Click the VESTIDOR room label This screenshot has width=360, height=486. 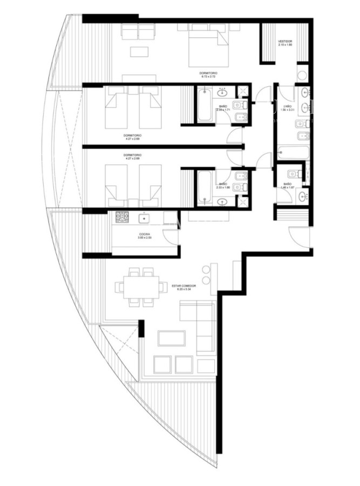click(285, 41)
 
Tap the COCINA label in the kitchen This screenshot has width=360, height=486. click(144, 233)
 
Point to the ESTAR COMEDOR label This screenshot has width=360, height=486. click(184, 285)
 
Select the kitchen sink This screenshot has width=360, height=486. click(144, 218)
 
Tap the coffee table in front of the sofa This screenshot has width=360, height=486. click(171, 338)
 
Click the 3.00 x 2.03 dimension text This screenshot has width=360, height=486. click(144, 238)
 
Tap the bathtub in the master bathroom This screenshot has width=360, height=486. click(293, 153)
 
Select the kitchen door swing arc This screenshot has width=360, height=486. click(171, 237)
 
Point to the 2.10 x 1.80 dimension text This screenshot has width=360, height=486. click(285, 45)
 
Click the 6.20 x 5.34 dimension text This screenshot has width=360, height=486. click(184, 289)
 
